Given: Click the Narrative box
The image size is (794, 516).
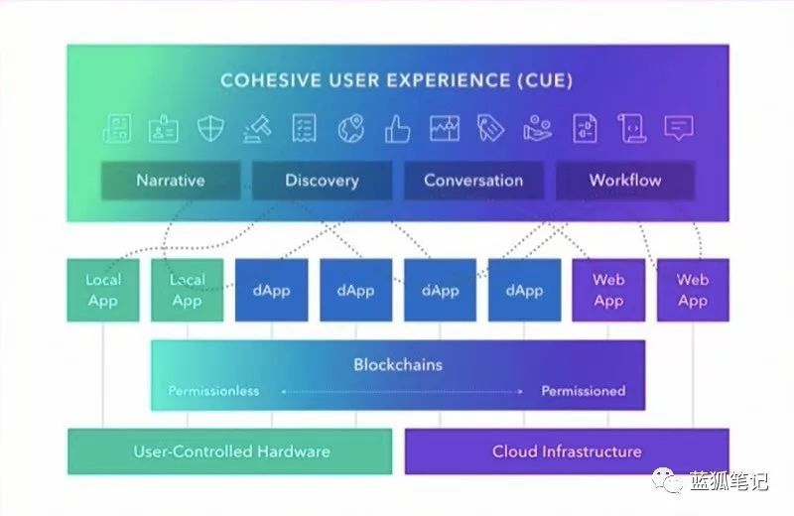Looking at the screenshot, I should [x=171, y=181].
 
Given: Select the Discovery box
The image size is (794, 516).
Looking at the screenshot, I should [x=322, y=181].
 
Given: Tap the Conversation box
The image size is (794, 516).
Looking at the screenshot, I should [x=473, y=181].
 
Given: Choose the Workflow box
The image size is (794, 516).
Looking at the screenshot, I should [x=624, y=181].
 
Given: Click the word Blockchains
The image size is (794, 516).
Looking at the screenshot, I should [x=398, y=364].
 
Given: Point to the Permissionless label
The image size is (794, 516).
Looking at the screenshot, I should [x=213, y=391].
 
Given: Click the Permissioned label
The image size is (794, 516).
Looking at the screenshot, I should [x=583, y=391].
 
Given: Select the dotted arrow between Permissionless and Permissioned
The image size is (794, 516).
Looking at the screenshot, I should [x=401, y=391].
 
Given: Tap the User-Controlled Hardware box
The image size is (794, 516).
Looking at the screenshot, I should [x=231, y=451].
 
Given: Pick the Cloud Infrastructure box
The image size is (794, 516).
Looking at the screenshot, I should [x=567, y=451].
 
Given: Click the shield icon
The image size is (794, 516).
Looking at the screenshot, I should [x=210, y=128].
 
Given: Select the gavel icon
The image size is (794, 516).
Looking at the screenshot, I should [x=257, y=128].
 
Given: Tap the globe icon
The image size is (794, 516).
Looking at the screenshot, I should [x=350, y=128].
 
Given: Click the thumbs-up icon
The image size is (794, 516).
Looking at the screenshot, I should [x=398, y=128].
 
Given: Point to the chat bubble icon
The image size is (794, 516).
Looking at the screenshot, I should [x=679, y=128].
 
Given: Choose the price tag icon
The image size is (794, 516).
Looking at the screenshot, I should [x=490, y=128].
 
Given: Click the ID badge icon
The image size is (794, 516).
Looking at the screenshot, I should [x=164, y=128].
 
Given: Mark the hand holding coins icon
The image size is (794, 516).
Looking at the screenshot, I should [x=538, y=128].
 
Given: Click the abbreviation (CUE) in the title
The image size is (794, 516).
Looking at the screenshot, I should [x=545, y=79].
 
